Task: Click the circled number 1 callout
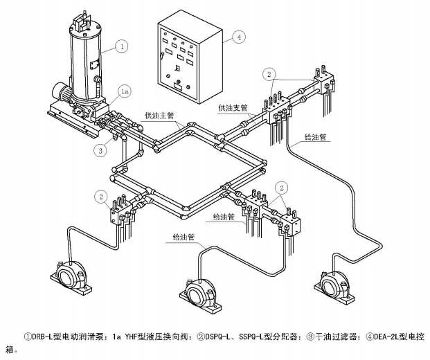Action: coord(122,46)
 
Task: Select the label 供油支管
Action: coord(233,108)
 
